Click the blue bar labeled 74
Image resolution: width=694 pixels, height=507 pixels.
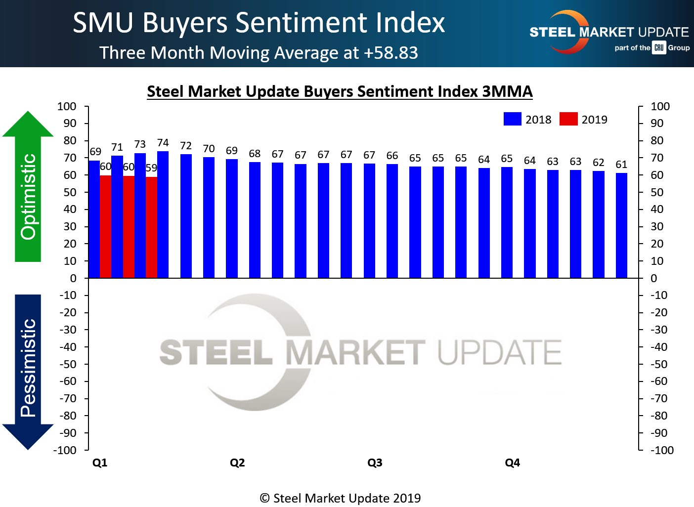(163, 214)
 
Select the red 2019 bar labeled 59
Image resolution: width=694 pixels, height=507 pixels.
(151, 227)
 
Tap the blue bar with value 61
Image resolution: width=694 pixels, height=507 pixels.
(621, 225)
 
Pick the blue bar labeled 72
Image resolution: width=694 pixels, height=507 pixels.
(186, 216)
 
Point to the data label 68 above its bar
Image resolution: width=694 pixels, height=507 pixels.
(255, 154)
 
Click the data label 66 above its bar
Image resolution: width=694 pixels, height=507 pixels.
(392, 156)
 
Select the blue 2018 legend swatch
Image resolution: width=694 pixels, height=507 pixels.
(512, 119)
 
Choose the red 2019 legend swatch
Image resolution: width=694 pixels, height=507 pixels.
(568, 119)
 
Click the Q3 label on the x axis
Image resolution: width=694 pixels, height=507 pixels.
(375, 463)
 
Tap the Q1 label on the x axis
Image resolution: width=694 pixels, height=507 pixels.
(100, 463)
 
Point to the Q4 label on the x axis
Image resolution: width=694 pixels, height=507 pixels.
(512, 463)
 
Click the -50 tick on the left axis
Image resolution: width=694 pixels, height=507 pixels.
(68, 364)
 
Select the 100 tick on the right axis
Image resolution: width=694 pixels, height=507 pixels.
(660, 106)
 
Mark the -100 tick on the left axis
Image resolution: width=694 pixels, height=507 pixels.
(65, 450)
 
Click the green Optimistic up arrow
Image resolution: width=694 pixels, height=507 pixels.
(28, 188)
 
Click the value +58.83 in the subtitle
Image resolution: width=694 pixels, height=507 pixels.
(390, 53)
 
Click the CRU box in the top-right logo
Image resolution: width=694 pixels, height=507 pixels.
(659, 48)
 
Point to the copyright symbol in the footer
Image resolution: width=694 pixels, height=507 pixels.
(265, 498)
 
